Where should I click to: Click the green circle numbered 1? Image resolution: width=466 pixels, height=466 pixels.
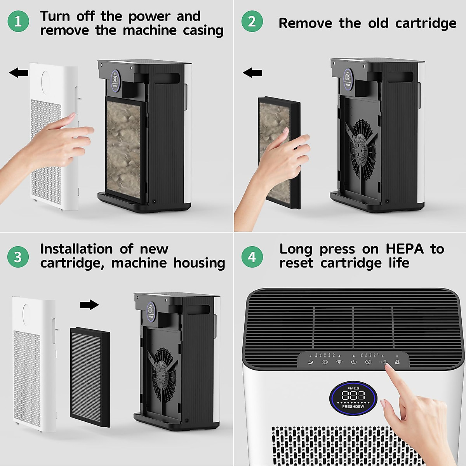pyautogui.click(x=18, y=21)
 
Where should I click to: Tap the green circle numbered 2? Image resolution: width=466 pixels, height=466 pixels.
pyautogui.click(x=252, y=21)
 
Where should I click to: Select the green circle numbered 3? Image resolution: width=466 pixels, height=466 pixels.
pyautogui.click(x=18, y=257)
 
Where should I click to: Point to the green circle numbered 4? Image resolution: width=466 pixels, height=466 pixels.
pyautogui.click(x=252, y=257)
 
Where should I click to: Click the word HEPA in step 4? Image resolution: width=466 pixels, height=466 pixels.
pyautogui.click(x=404, y=249)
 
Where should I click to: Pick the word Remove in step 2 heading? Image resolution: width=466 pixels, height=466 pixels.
pyautogui.click(x=305, y=23)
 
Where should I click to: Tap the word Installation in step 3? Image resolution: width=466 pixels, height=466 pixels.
pyautogui.click(x=76, y=249)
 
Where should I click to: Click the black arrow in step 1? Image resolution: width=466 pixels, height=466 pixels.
pyautogui.click(x=19, y=72)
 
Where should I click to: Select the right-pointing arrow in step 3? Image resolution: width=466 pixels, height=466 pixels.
pyautogui.click(x=89, y=305)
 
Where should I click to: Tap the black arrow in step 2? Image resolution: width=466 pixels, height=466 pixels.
pyautogui.click(x=252, y=72)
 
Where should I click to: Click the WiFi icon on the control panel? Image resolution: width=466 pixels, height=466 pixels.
pyautogui.click(x=339, y=362)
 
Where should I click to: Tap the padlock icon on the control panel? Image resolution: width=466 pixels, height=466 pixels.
pyautogui.click(x=397, y=362)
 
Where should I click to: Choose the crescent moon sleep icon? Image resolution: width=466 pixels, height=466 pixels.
pyautogui.click(x=310, y=362)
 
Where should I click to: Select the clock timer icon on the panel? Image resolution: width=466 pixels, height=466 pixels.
pyautogui.click(x=368, y=362)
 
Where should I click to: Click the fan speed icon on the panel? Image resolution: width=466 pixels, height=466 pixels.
pyautogui.click(x=325, y=362)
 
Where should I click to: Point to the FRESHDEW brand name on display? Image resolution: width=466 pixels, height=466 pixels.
pyautogui.click(x=353, y=407)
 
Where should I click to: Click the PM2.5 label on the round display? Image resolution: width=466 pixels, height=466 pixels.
pyautogui.click(x=353, y=388)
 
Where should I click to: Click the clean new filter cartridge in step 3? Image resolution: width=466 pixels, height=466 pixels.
pyautogui.click(x=90, y=377)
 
